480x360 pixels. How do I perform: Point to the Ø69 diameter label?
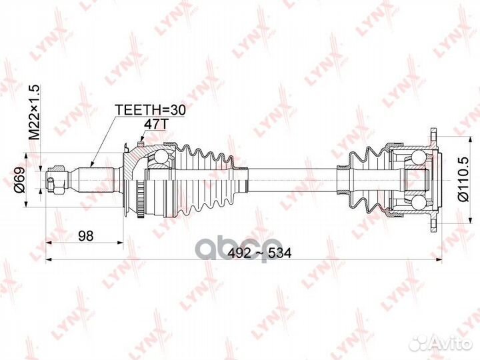pos(20,179)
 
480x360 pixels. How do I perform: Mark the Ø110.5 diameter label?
pos(460,179)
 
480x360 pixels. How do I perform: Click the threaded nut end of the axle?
pos(53,179)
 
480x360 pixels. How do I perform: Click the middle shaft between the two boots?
pos(287,179)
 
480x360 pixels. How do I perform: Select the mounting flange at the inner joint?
pos(434,179)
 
